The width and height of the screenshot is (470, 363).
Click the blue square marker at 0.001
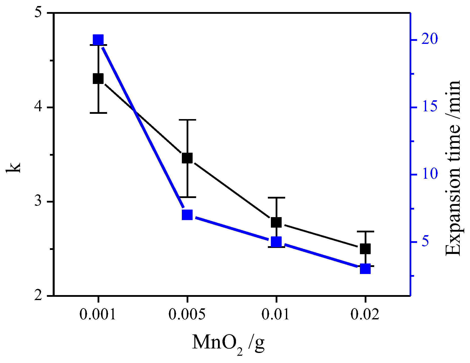pos(98,40)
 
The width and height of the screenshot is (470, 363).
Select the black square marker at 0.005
pos(187,158)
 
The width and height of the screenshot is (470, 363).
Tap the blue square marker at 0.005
pos(187,215)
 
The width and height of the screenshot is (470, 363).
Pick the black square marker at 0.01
pos(276,222)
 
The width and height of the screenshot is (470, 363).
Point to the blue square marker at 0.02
pos(365,269)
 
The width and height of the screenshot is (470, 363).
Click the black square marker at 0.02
pos(365,249)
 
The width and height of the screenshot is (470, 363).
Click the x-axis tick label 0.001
pos(98,314)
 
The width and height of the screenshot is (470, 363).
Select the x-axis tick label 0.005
pos(187,314)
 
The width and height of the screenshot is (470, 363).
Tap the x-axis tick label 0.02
pos(365,314)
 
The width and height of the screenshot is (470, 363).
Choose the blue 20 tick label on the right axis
pos(429,40)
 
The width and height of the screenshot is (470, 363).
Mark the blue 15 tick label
pos(429,107)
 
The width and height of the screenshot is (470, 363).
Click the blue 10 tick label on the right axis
pos(429,174)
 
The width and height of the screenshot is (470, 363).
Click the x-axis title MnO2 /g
pos(228,343)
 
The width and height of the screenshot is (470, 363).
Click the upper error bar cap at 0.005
pos(187,120)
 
